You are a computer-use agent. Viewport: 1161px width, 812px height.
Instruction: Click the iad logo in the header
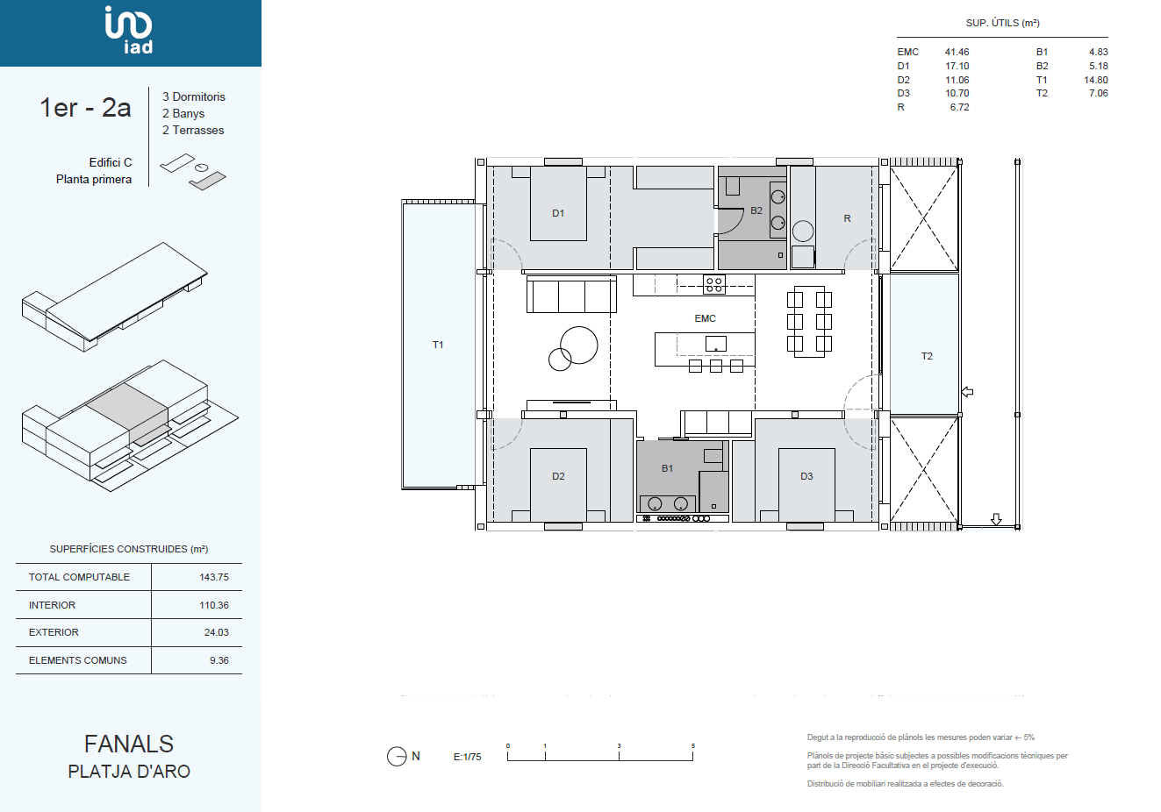point(129,30)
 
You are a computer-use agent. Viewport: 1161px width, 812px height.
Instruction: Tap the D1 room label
point(558,213)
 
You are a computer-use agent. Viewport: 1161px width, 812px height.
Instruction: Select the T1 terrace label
point(438,345)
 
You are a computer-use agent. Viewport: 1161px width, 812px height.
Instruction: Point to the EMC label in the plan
point(705,318)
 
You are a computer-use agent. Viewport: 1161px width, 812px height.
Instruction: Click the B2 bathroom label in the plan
point(756,210)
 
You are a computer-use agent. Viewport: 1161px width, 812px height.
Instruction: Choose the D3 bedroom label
point(806,476)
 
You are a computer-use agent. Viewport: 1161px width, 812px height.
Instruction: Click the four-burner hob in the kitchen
point(713,284)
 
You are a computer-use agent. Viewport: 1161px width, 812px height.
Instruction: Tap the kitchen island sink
point(716,344)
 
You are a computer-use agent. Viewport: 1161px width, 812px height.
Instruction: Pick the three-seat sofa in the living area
point(571,295)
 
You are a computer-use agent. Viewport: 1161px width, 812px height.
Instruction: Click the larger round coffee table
point(579,345)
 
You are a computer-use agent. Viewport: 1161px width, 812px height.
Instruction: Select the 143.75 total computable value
point(214,577)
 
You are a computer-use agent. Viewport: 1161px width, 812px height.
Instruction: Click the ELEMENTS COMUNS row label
point(78,660)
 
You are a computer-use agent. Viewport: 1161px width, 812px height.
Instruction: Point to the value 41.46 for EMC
point(957,52)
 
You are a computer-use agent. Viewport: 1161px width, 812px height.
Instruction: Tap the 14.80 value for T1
point(1096,80)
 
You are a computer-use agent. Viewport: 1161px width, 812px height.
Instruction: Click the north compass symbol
point(397,756)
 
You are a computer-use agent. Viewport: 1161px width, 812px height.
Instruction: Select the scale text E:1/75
point(467,757)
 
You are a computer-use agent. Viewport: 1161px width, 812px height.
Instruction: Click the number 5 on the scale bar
point(693,745)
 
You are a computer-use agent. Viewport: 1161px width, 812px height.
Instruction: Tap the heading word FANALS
point(129,744)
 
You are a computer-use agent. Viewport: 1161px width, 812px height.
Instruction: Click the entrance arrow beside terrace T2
point(967,392)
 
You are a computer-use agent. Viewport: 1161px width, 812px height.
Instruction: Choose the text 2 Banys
point(183,113)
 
